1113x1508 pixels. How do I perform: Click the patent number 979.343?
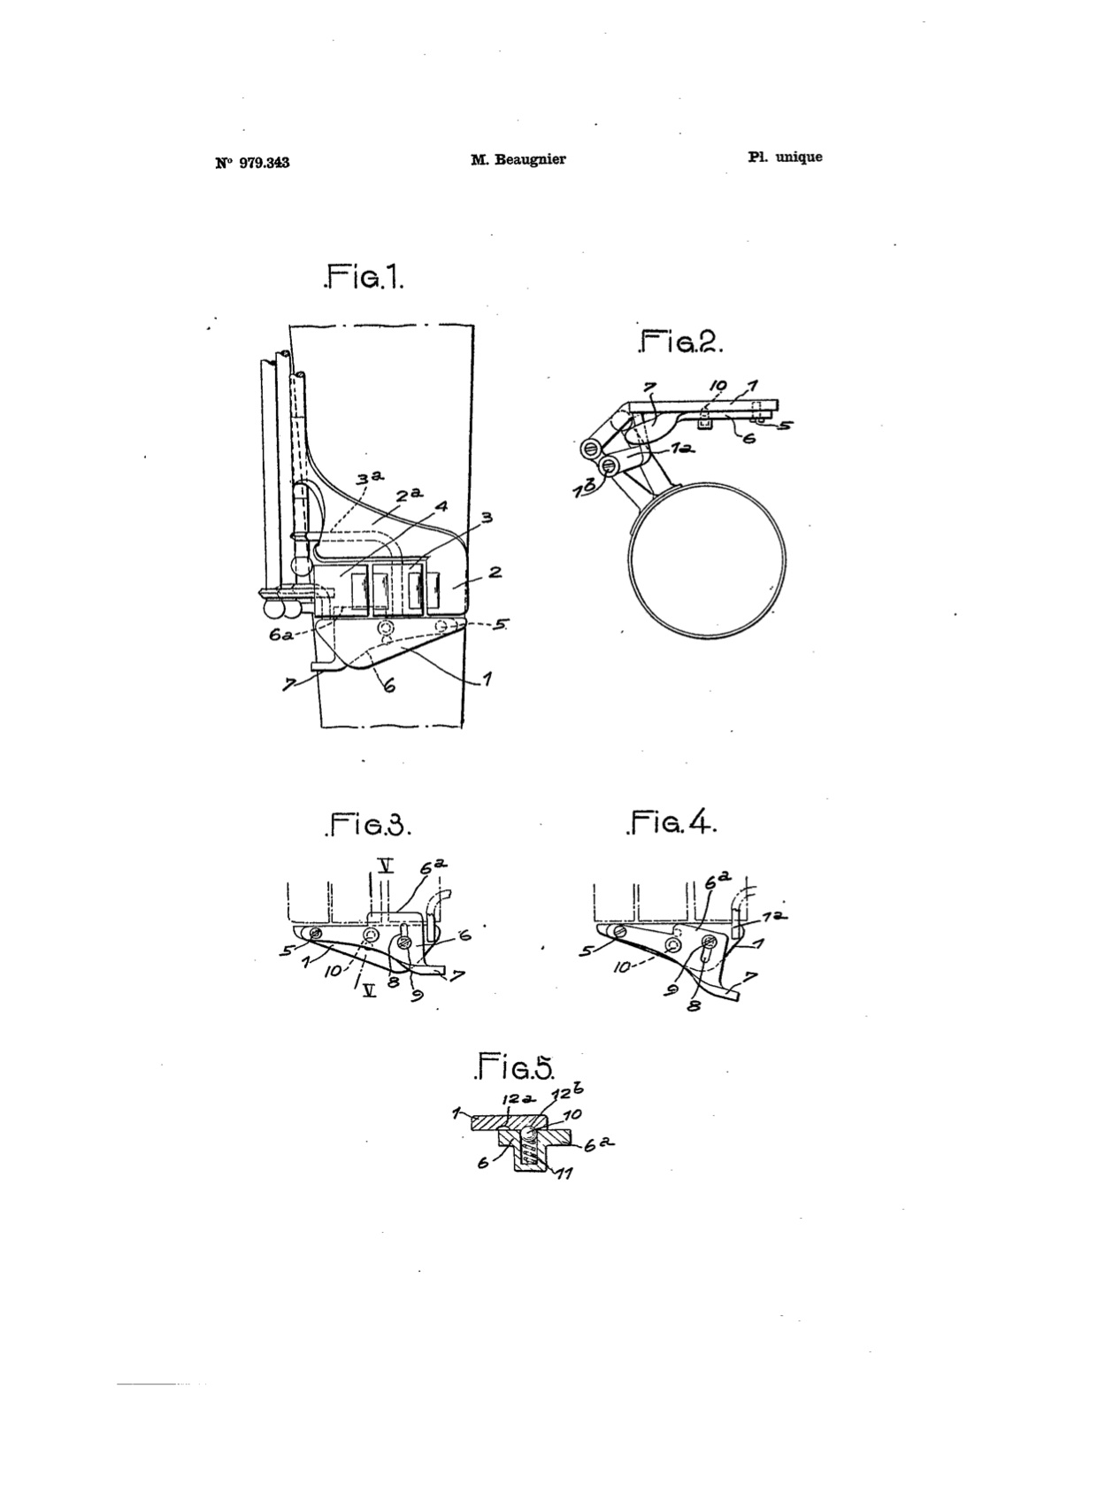pyautogui.click(x=264, y=163)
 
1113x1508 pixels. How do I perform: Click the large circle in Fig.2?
pyautogui.click(x=707, y=559)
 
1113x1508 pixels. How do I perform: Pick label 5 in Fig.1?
pyautogui.click(x=500, y=624)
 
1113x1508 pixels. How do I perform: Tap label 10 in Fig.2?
pyautogui.click(x=719, y=387)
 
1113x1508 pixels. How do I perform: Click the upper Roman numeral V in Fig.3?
pyautogui.click(x=383, y=865)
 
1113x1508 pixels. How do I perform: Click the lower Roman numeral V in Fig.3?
pyautogui.click(x=369, y=991)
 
